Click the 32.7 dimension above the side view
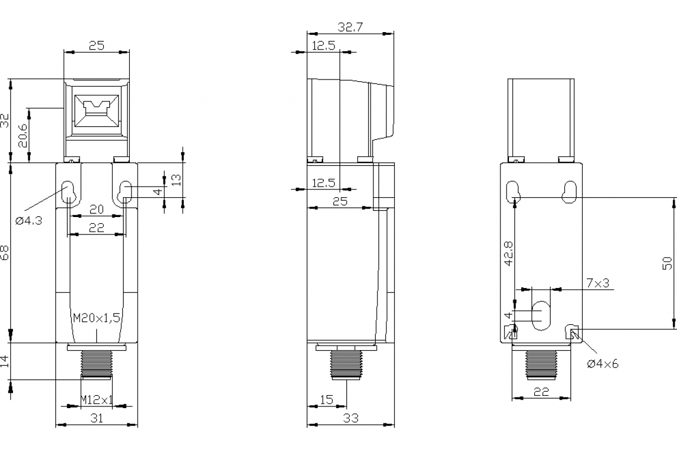[x=350, y=26]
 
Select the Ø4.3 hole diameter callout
[x=29, y=220]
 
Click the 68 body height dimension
[x=5, y=253]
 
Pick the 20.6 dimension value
[x=23, y=136]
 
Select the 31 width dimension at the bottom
[x=97, y=418]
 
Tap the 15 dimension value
[x=326, y=400]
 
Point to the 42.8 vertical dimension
[x=509, y=253]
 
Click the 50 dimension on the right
[x=667, y=263]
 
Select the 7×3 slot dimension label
[x=597, y=283]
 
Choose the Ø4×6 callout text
[x=603, y=364]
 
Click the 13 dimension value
[x=177, y=180]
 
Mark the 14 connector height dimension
[x=5, y=361]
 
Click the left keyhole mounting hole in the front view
[x=68, y=192]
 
